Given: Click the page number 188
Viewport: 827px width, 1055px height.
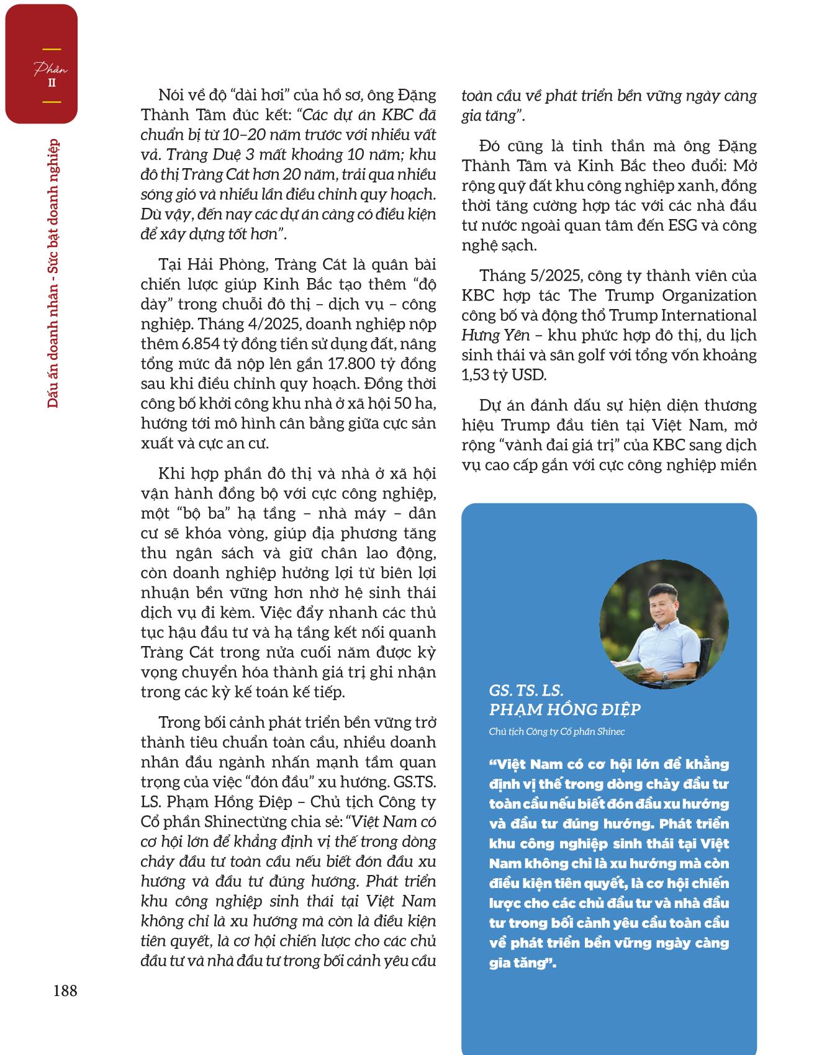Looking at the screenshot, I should [x=65, y=990].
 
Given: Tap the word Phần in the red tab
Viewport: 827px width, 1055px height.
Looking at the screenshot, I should [x=50, y=69].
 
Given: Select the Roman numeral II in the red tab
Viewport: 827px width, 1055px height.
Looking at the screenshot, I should [x=52, y=83].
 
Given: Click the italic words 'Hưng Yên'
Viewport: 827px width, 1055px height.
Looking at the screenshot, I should [x=495, y=336].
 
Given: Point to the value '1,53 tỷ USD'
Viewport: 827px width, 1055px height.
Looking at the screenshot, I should [x=503, y=375].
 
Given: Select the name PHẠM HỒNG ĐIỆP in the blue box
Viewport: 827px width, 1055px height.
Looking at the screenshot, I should [x=564, y=709].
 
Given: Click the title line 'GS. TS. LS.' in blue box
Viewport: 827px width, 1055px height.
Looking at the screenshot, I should [x=526, y=691].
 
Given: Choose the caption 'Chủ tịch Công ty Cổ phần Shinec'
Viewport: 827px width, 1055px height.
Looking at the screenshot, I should [x=556, y=732].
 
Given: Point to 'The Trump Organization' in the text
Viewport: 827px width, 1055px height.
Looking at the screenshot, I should [x=662, y=295].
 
